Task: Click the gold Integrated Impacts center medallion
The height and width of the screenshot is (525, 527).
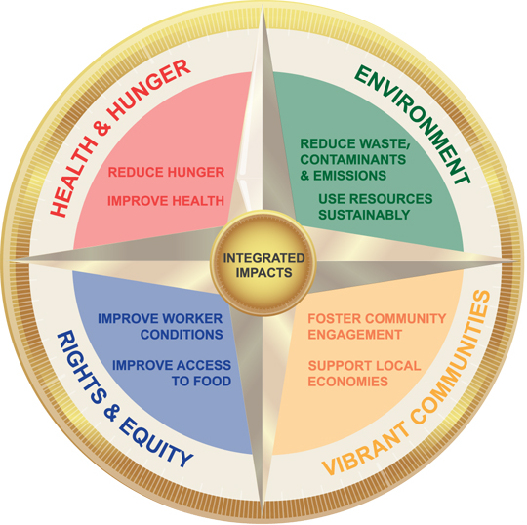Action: (263, 262)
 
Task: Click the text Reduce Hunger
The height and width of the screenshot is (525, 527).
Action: (166, 172)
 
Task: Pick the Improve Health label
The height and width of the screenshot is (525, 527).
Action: (166, 201)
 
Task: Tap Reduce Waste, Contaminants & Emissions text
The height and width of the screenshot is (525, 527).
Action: (354, 159)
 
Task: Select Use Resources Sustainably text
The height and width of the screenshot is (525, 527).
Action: (376, 206)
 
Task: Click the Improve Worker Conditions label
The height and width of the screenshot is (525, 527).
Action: (160, 326)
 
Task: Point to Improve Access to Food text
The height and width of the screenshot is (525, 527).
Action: (172, 373)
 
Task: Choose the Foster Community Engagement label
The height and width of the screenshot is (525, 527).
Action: (377, 326)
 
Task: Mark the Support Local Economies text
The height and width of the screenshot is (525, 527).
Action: (364, 374)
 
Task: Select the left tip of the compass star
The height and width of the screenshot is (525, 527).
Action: (13, 260)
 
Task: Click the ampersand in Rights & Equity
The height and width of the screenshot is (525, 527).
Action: (111, 413)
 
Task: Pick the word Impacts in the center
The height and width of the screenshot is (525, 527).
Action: (263, 273)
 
